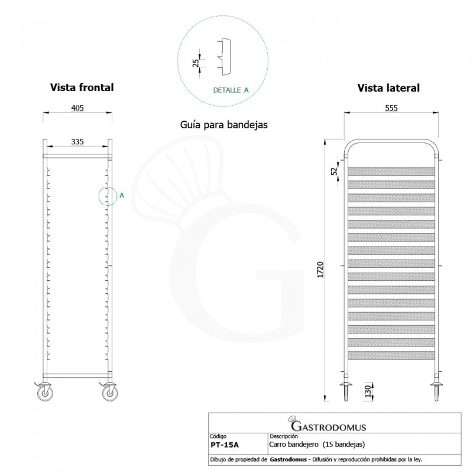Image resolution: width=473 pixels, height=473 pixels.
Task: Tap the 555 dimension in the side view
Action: click(x=391, y=108)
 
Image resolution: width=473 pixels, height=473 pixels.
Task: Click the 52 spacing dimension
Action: click(x=335, y=170)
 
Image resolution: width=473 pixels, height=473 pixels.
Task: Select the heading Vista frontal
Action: click(x=82, y=87)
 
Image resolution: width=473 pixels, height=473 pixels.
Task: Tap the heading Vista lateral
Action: click(x=388, y=88)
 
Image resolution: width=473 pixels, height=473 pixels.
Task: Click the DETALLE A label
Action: click(x=231, y=90)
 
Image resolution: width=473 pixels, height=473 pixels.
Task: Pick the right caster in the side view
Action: click(x=438, y=391)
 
